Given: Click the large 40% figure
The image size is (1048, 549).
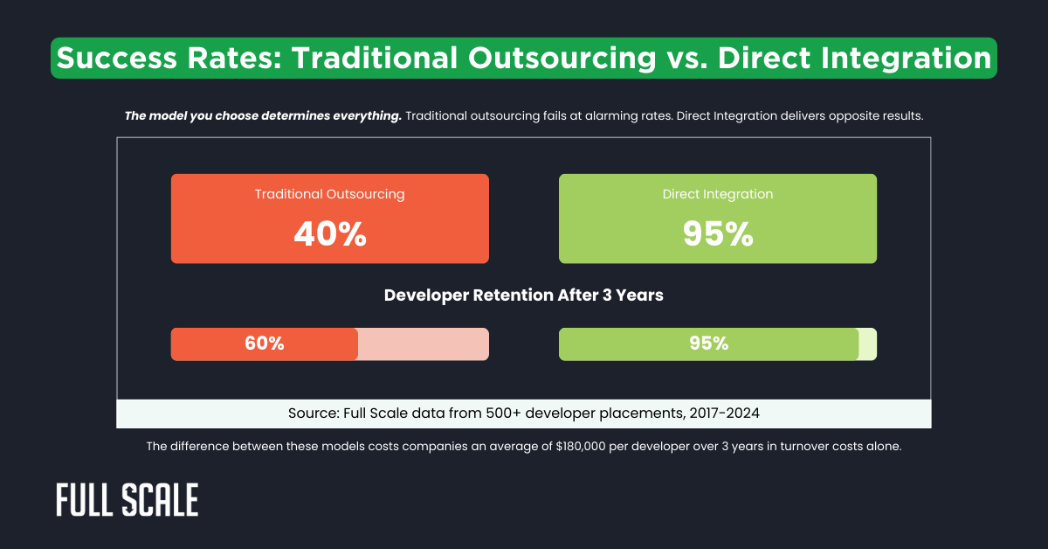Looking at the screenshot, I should tap(329, 233).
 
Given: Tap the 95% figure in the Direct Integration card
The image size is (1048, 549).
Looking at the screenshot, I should tap(717, 233).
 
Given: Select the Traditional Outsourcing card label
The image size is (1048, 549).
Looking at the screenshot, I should tap(329, 194).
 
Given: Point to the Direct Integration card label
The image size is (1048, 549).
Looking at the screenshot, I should tap(717, 194).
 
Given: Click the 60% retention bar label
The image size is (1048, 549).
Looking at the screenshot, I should tap(265, 344).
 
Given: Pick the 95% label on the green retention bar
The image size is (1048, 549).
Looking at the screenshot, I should tap(708, 344).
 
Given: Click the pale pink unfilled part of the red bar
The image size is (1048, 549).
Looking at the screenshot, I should tap(423, 344).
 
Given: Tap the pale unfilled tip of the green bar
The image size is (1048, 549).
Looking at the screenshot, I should tap(867, 344).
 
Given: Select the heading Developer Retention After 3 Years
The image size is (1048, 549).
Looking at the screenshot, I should tap(524, 295).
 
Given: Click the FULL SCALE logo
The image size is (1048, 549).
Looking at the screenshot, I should tap(128, 499).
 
